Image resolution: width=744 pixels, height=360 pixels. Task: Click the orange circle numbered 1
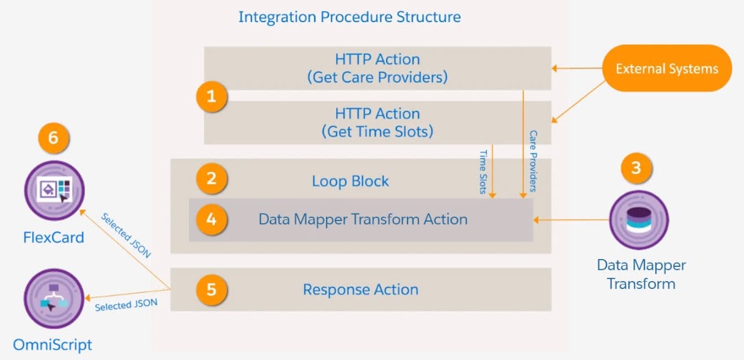[211, 97]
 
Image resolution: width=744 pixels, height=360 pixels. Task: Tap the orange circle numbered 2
[211, 179]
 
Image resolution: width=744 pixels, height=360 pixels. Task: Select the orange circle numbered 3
[636, 168]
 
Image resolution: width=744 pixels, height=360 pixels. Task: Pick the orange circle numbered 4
[211, 219]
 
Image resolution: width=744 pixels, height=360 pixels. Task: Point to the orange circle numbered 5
[211, 289]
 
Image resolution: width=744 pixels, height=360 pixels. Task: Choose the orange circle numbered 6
[53, 138]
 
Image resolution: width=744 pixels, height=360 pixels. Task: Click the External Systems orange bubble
[666, 69]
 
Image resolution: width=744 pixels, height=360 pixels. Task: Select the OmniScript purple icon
[53, 299]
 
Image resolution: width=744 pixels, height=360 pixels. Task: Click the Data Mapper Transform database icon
[638, 220]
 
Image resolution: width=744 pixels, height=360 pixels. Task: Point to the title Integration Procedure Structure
[349, 17]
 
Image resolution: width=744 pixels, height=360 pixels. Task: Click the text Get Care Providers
[377, 78]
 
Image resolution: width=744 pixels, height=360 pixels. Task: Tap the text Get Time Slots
[377, 132]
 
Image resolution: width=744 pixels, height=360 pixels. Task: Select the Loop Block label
[350, 181]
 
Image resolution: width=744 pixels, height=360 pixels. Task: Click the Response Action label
[360, 290]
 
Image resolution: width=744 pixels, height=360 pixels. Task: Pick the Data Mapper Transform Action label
[363, 219]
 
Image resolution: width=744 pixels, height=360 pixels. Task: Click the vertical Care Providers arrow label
[533, 161]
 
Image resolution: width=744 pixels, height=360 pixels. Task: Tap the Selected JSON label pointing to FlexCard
[125, 235]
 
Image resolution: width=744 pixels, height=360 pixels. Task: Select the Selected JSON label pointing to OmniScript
[126, 304]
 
